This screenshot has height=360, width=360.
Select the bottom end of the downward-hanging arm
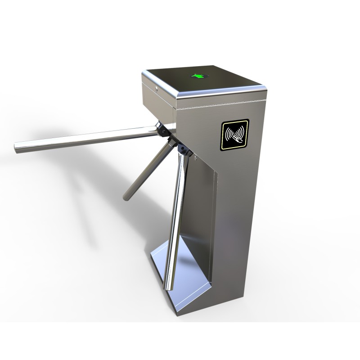[x=170, y=288]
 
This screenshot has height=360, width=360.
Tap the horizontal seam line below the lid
[x=220, y=104]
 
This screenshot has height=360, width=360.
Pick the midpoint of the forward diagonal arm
[x=146, y=173]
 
